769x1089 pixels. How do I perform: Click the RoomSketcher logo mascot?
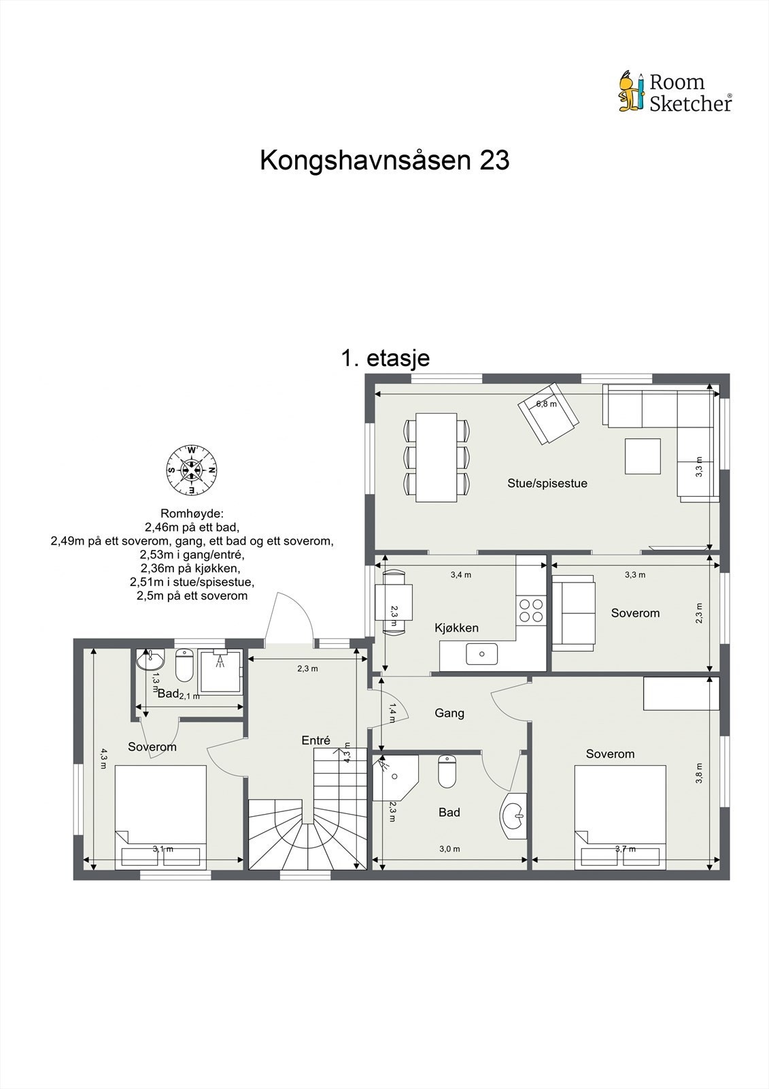coord(630,92)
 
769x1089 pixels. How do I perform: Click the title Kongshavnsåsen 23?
coord(384,161)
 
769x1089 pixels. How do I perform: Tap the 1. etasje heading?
coord(385,358)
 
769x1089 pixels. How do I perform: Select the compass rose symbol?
coord(192,470)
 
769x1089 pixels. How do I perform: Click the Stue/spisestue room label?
coord(547,483)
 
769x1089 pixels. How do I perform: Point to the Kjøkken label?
coord(456,628)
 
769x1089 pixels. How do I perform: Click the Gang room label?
coord(449,713)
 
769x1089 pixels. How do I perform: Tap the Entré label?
coord(315,741)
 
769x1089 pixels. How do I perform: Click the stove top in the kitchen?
coord(531,610)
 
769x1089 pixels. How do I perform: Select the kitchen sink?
coord(481,654)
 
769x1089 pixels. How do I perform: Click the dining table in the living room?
coord(436,457)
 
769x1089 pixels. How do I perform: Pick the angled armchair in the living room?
coord(549,414)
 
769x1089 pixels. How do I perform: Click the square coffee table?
coord(643,456)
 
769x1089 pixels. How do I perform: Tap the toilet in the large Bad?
coord(447,772)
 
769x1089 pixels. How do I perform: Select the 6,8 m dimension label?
coord(546,404)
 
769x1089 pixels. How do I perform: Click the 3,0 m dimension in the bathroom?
coord(449,849)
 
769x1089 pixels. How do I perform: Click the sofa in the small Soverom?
coord(573,611)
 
